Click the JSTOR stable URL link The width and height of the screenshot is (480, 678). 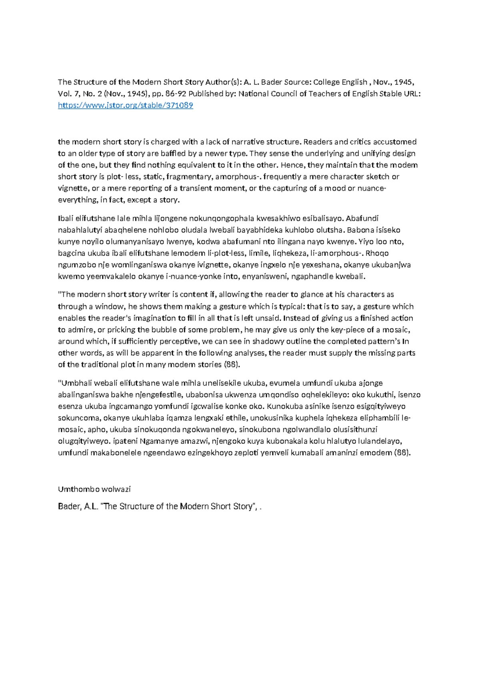[125, 106]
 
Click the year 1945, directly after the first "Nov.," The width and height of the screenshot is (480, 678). [404, 82]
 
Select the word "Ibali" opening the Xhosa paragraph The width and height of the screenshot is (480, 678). [66, 218]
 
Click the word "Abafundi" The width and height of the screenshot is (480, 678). [362, 218]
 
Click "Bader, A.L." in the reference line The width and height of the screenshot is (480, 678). [78, 507]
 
